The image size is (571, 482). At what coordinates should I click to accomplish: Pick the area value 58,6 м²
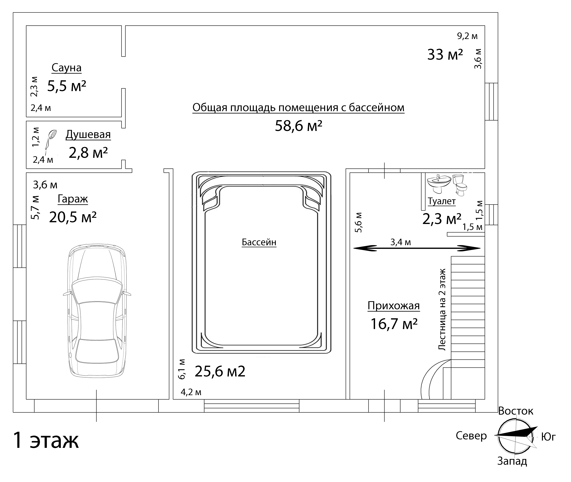point(299,126)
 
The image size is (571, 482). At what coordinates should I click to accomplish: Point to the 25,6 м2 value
point(220,371)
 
